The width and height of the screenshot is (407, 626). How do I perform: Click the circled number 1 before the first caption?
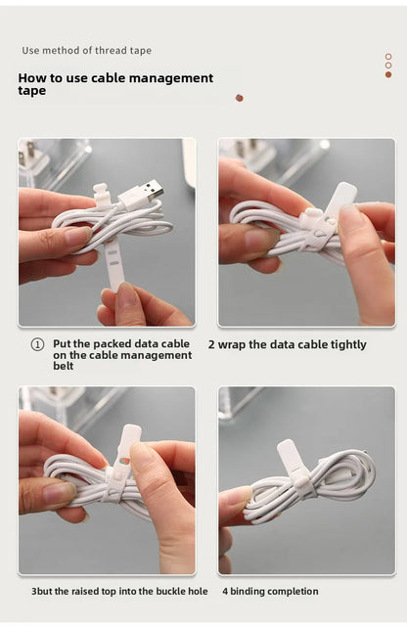[x=37, y=344]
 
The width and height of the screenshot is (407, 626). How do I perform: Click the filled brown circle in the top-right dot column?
[x=388, y=74]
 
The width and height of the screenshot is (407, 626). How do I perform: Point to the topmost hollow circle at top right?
[x=388, y=57]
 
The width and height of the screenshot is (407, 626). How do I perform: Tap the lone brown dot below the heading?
[x=239, y=98]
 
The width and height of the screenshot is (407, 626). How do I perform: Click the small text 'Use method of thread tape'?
[x=86, y=51]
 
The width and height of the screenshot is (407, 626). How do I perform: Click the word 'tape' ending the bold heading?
[x=31, y=91]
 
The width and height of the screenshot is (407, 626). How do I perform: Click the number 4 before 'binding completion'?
[x=224, y=591]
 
